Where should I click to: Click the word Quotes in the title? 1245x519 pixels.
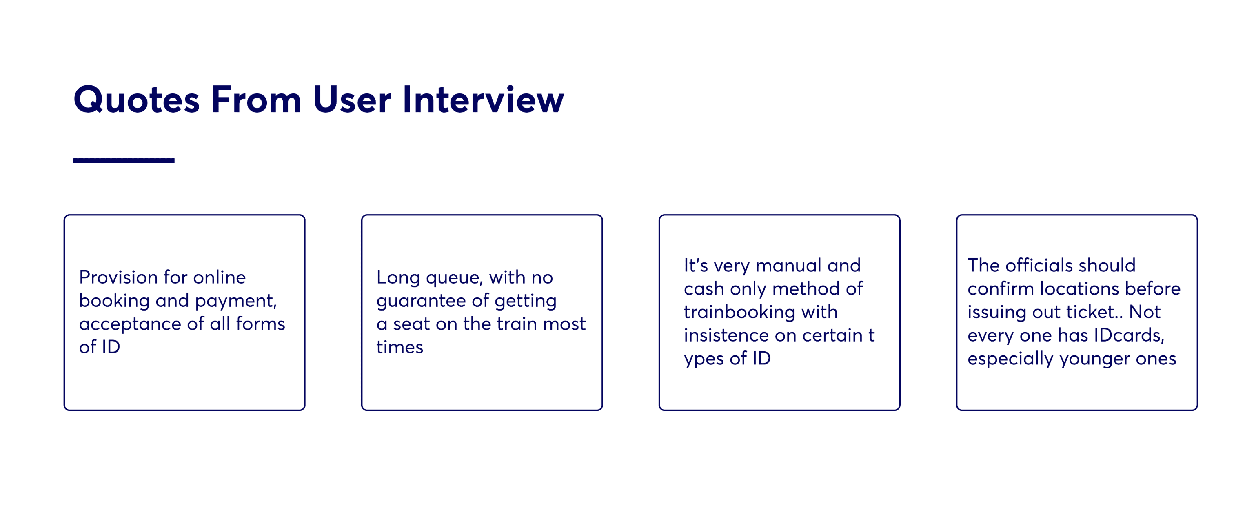[x=137, y=100]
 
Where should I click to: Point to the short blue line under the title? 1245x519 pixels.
[x=123, y=160]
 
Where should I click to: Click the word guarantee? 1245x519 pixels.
[x=420, y=301]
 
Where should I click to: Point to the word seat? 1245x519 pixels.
[x=411, y=324]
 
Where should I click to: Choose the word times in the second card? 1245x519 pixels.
[x=399, y=347]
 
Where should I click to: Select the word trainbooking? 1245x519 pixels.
[x=739, y=312]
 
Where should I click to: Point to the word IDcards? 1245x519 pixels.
[x=1130, y=335]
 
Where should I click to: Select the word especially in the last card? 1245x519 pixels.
[x=1011, y=359]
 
